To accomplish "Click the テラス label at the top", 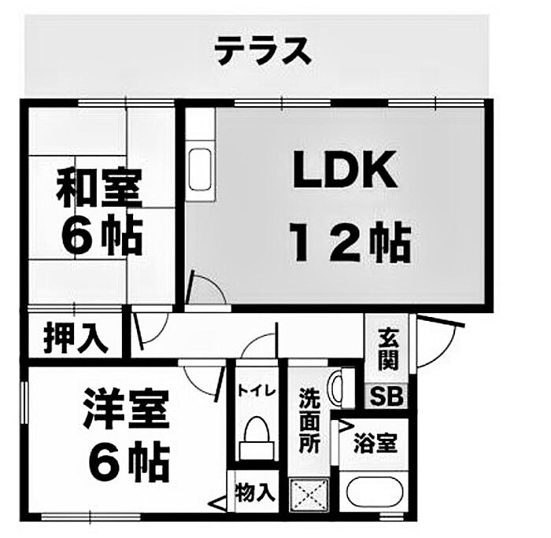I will [x=262, y=52].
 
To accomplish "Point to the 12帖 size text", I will [x=350, y=241].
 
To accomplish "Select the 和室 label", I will [x=98, y=189].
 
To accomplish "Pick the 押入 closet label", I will [x=76, y=337].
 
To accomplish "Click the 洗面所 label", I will [x=309, y=421].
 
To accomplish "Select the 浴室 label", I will [x=375, y=442].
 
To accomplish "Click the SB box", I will [x=387, y=396].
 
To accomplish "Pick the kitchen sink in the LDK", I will [x=200, y=166].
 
